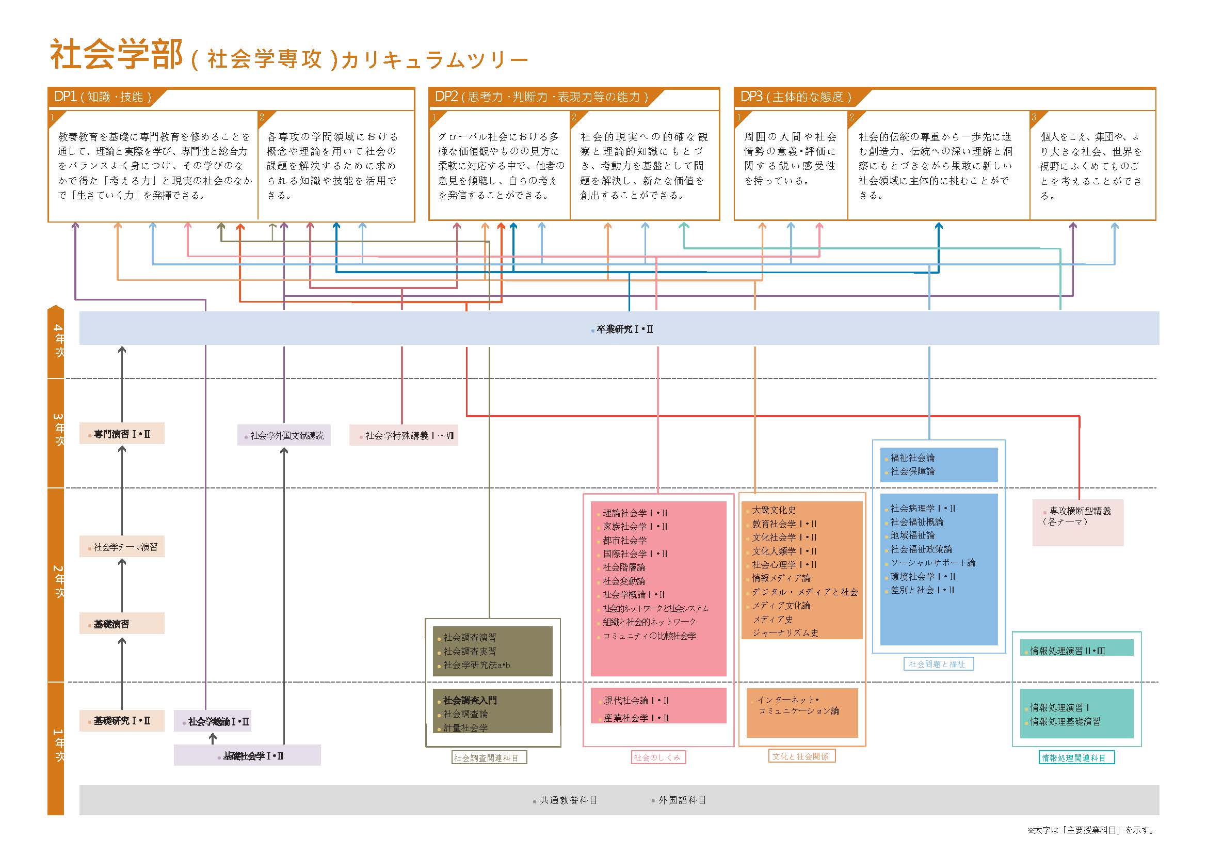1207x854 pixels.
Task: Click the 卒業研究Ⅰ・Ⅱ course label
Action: [624, 330]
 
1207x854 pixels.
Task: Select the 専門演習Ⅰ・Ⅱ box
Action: [122, 434]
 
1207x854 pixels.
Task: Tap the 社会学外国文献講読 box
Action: [284, 435]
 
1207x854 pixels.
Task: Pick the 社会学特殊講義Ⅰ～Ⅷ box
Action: [404, 435]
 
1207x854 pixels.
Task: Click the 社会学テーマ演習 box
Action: [122, 547]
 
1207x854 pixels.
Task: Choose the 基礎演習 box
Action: [122, 624]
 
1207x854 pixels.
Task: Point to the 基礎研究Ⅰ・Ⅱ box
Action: [122, 720]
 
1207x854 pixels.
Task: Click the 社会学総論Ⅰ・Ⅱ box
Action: [213, 721]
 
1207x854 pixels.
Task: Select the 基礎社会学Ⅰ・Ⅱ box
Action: [248, 756]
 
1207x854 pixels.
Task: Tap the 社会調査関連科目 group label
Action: [489, 758]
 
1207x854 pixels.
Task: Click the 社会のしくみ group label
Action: [658, 757]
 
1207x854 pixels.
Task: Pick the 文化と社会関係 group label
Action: [801, 756]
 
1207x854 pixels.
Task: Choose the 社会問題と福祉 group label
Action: [938, 664]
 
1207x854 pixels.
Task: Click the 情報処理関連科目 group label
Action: [1076, 758]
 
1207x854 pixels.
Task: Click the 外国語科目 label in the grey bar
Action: [682, 800]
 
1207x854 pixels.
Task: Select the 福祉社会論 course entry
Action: [913, 457]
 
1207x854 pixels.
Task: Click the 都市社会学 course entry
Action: [625, 540]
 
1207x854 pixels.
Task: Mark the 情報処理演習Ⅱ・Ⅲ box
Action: [1076, 650]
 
